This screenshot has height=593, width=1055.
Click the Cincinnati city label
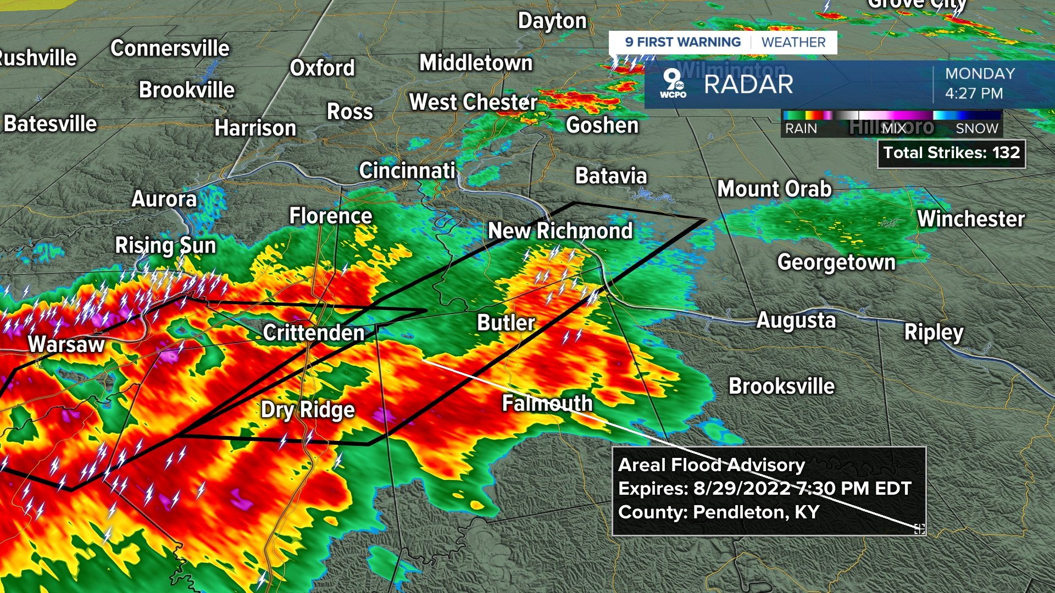[407, 171]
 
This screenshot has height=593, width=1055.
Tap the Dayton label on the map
[552, 21]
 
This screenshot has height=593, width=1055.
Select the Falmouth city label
[547, 404]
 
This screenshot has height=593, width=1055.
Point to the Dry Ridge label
[308, 410]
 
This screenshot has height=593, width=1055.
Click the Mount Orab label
[774, 189]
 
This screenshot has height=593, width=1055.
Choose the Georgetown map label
[836, 262]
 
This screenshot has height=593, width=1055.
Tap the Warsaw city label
[66, 345]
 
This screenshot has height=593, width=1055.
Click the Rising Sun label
[165, 245]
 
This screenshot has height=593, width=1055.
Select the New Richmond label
[560, 231]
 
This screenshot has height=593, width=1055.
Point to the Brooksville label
[781, 387]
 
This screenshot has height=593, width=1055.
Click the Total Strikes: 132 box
[951, 153]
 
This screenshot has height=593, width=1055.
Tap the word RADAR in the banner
[748, 85]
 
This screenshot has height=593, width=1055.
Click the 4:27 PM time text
[974, 93]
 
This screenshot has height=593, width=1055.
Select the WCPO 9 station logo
[673, 83]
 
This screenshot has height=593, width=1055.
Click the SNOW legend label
[976, 128]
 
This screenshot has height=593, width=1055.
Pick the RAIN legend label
[801, 128]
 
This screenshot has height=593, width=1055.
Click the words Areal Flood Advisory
[711, 465]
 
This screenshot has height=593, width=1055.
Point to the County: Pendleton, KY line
[718, 512]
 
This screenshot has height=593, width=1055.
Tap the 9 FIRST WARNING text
[682, 42]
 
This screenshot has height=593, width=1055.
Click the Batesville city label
[50, 124]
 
